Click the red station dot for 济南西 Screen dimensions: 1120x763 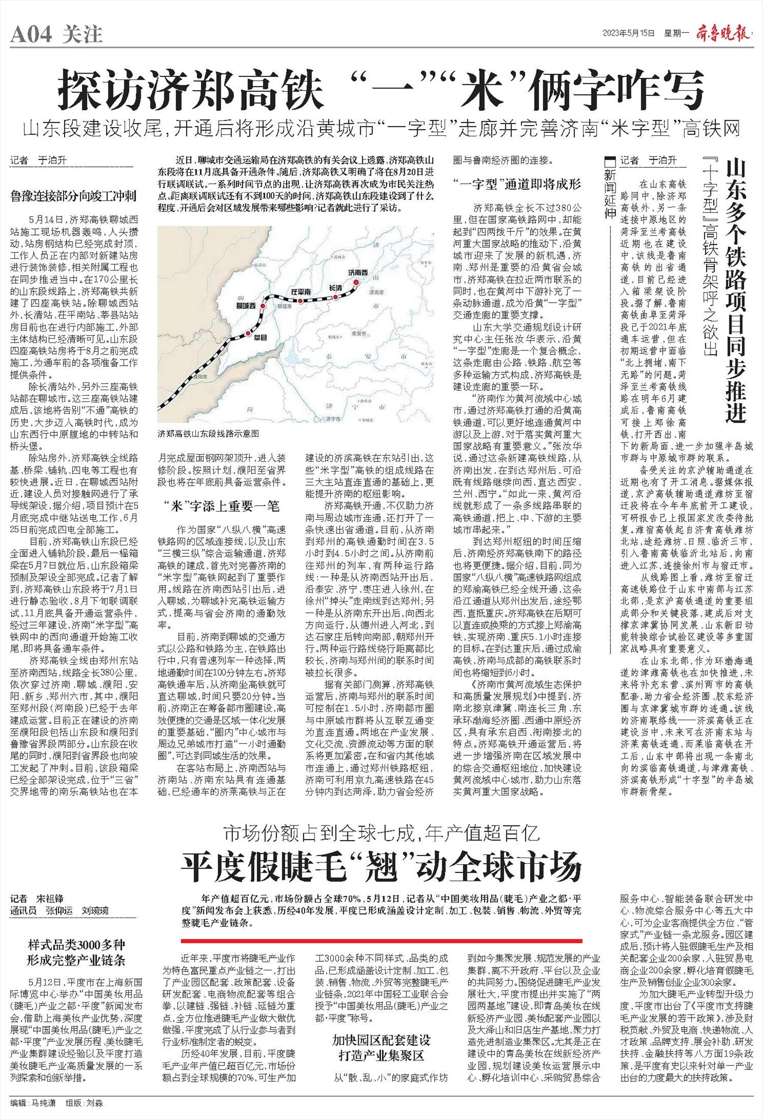tap(357, 283)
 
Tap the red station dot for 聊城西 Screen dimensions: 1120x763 tap(262, 306)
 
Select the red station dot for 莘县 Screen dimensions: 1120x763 tap(248, 334)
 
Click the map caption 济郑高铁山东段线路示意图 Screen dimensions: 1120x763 tap(208, 434)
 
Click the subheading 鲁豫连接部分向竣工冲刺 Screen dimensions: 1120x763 tap(73, 195)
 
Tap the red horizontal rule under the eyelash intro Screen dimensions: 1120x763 tap(382, 941)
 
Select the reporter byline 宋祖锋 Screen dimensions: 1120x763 tap(49, 899)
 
